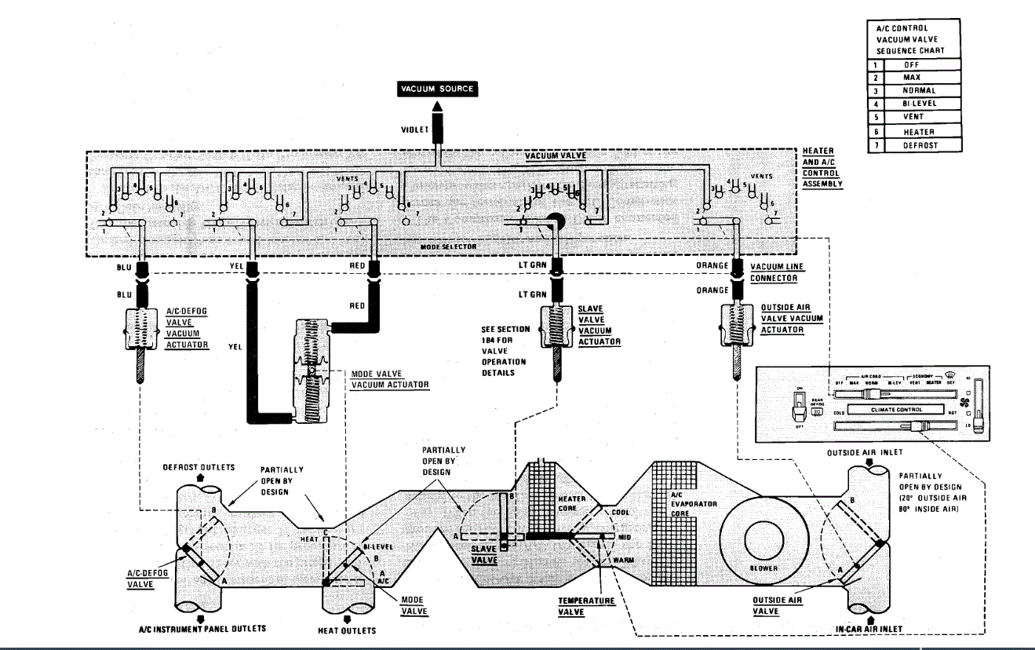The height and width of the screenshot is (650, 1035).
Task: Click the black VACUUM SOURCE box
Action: [437, 89]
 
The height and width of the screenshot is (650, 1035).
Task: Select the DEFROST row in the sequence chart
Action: [920, 145]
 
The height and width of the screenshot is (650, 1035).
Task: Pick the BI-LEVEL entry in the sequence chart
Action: [920, 104]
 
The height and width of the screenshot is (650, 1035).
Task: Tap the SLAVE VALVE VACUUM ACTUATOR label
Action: [599, 325]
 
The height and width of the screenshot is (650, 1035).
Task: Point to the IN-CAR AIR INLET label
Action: [869, 629]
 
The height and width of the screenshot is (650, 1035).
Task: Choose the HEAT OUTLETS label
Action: [346, 630]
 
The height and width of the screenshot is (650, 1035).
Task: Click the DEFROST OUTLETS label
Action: [199, 467]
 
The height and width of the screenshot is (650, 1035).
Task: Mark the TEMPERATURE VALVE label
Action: [585, 606]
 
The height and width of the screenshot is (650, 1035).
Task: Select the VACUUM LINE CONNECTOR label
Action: [778, 272]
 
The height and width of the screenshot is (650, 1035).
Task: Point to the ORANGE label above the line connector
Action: [712, 266]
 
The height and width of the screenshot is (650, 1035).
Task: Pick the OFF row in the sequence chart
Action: [920, 64]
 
